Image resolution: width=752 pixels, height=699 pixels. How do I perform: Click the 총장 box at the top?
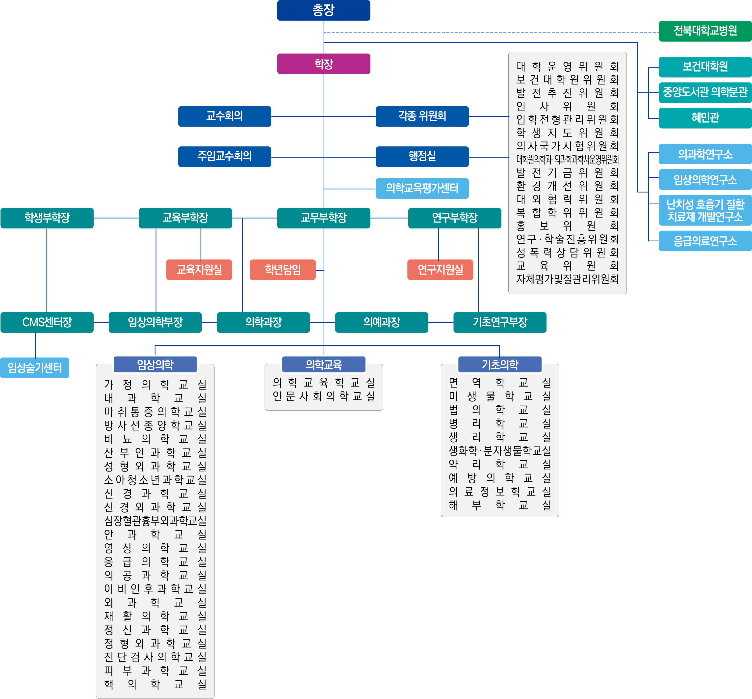[x=323, y=10]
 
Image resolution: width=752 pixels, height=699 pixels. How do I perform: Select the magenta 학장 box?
[x=323, y=63]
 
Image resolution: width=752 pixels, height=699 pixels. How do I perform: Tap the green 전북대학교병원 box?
[x=705, y=31]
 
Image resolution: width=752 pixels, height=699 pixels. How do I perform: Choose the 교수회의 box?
[x=225, y=116]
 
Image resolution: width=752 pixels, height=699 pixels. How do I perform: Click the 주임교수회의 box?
[x=225, y=156]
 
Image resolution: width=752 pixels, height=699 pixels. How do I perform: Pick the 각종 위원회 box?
[x=422, y=116]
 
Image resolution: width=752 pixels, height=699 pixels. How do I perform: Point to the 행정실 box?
[x=422, y=156]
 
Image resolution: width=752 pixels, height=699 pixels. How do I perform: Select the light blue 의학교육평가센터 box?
[x=422, y=188]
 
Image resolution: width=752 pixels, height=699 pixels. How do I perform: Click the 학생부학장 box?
[x=47, y=218]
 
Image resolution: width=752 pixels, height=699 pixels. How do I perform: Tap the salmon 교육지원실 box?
[x=199, y=270]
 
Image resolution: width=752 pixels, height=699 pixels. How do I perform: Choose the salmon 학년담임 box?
[x=283, y=270]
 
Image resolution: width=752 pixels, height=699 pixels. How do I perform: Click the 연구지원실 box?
[x=440, y=270]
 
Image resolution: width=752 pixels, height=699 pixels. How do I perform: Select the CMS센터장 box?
[x=47, y=322]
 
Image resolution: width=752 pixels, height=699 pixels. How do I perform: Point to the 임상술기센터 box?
[x=34, y=368]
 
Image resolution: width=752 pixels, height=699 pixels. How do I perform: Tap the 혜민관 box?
[x=705, y=118]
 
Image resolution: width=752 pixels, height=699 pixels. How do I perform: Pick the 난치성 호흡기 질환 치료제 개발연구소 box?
[x=705, y=210]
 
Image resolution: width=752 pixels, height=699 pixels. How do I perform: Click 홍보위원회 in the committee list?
[x=568, y=226]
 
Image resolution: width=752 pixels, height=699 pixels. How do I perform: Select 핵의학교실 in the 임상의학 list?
[x=155, y=684]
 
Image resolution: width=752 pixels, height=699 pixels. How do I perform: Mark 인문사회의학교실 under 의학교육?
[x=324, y=396]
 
